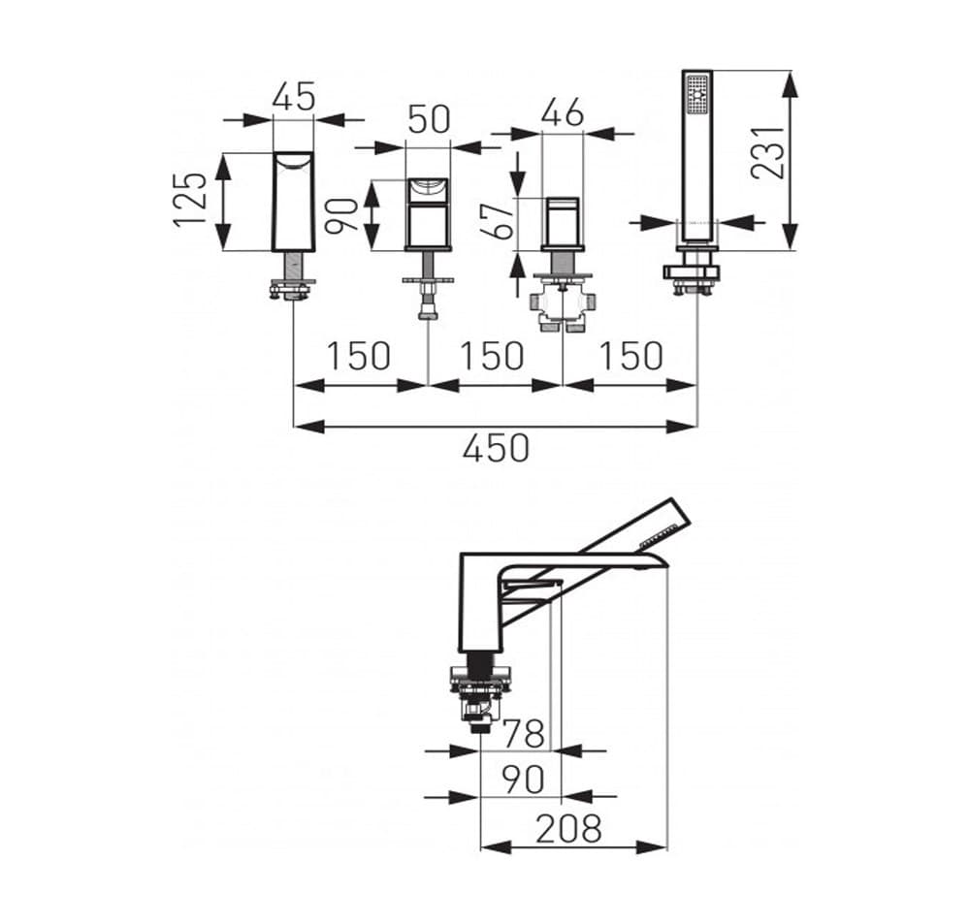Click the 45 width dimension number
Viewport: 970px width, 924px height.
tap(293, 97)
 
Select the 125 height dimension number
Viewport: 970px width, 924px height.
tap(191, 200)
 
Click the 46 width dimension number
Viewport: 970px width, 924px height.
tap(562, 113)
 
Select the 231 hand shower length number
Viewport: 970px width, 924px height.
tap(767, 151)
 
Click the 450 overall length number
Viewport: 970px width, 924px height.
tap(496, 448)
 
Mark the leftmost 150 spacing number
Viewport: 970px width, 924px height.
tap(357, 356)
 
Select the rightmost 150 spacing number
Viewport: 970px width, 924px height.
tap(630, 356)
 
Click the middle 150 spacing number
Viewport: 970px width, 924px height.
tap(492, 356)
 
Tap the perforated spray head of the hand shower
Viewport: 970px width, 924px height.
tap(696, 94)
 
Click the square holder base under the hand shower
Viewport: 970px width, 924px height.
tap(693, 271)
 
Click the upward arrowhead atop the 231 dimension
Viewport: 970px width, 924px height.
tap(791, 82)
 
